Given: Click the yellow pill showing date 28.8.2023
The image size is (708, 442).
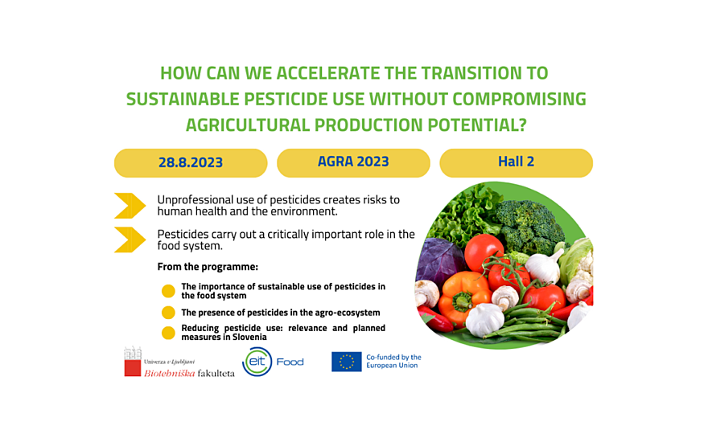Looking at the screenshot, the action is click(191, 163).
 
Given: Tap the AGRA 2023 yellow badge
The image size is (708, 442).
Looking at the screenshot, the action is click(353, 163).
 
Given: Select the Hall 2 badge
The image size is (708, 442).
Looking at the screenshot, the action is click(516, 163).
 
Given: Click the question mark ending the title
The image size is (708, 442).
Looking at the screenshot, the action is click(522, 125).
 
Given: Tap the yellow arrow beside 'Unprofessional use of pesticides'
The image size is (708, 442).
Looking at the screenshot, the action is click(130, 206).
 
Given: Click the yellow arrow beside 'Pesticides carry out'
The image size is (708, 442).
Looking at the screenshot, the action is click(130, 240).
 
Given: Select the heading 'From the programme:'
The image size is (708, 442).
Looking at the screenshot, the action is click(208, 267).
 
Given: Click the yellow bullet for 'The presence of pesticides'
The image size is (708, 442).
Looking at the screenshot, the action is click(168, 312).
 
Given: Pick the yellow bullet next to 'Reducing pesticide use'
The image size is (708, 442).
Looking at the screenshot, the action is click(168, 333).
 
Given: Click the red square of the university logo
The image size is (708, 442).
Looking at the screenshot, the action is click(132, 368).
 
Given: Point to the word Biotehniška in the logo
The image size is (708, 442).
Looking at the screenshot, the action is click(169, 373).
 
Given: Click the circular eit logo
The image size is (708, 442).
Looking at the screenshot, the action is click(257, 362).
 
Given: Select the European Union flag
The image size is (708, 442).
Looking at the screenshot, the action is click(346, 362).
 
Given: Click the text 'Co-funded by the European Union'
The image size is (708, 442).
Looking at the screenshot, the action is click(393, 362).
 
